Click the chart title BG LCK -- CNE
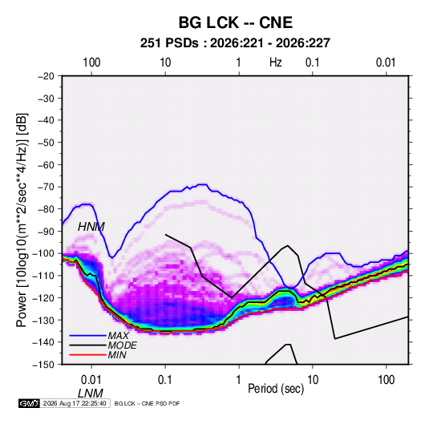236,22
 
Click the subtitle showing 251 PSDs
235,43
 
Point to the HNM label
91,227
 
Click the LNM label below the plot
91,394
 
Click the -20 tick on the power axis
46,76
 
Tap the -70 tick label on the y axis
46,187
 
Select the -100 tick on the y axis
43,253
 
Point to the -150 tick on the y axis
43,365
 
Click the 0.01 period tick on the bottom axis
91,380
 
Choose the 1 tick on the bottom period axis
239,380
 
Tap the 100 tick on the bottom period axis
386,380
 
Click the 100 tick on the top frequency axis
91,63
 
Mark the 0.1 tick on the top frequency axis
313,63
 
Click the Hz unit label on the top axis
276,63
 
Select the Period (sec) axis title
276,388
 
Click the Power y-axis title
22,220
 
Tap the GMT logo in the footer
30,403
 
